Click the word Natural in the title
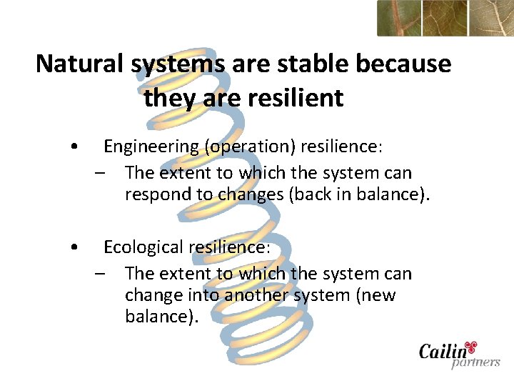pos(81,64)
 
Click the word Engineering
pos(151,147)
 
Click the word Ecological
pos(143,247)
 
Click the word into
pos(205,295)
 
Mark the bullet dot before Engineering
pos(75,147)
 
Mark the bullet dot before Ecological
pos(75,248)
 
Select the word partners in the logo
pos(475,362)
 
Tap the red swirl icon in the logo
pos(470,347)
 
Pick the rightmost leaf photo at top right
pos(491,18)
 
